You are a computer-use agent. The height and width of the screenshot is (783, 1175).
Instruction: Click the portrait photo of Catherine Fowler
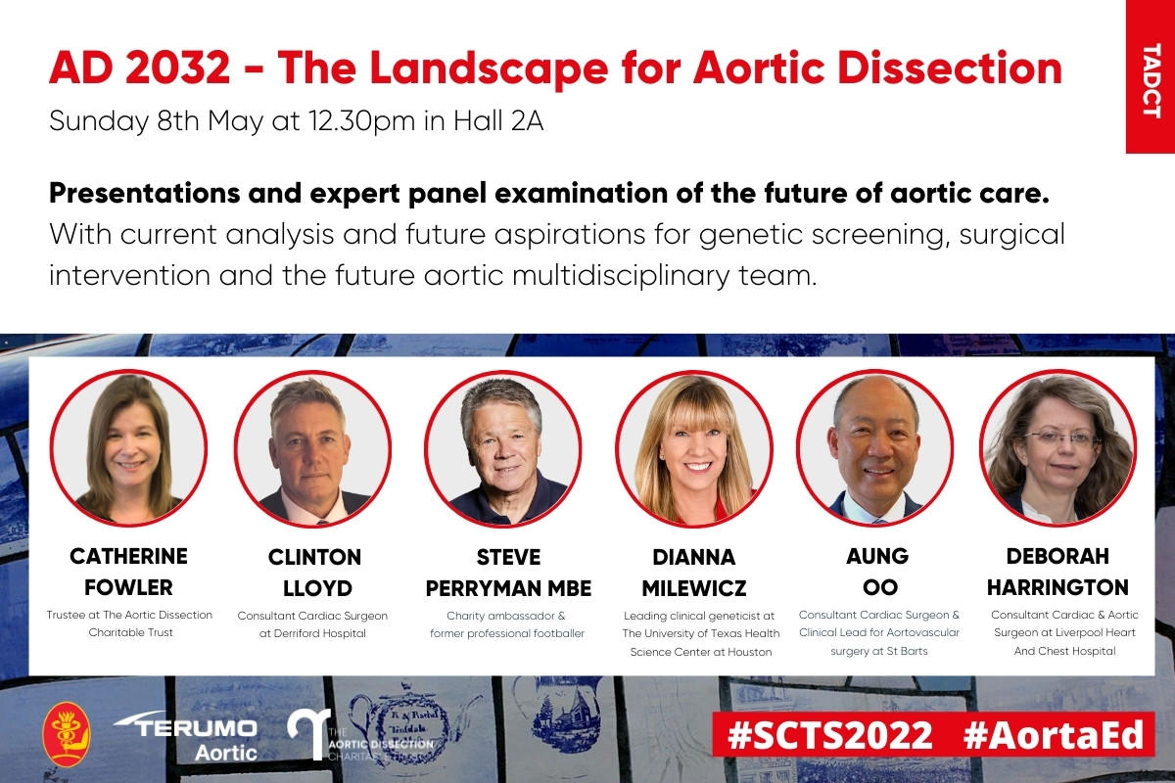128,448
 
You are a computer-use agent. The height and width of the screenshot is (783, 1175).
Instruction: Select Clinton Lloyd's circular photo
312,448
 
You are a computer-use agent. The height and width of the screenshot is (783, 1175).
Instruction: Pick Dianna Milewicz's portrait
693,448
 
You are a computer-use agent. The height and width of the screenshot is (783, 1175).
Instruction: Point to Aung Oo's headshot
875,448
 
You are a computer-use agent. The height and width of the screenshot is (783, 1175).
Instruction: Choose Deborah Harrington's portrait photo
1058,448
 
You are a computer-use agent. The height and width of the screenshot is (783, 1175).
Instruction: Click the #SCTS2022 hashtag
828,735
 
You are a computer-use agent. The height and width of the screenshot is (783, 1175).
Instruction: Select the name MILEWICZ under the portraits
693,588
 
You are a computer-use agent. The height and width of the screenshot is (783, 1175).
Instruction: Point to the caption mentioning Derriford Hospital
312,633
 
